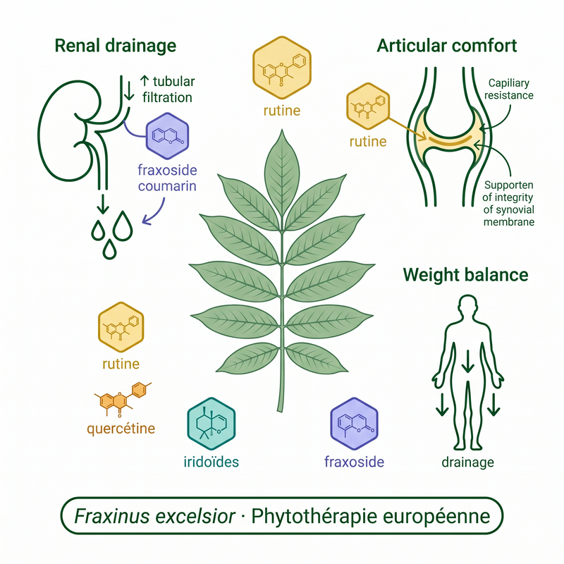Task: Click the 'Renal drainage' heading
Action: pos(116,46)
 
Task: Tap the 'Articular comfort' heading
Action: pos(447,46)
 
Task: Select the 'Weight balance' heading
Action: pos(465,275)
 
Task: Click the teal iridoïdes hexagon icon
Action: pos(211,424)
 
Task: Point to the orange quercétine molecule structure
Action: pos(123,400)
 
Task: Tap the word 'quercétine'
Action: pos(121,429)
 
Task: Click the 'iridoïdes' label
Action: pos(211,462)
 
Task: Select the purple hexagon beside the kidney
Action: pos(167,135)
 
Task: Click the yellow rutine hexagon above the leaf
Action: pos(281,68)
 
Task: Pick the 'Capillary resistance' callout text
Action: pos(508,90)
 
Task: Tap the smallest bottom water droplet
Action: pos(110,249)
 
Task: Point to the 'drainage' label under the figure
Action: pos(467,462)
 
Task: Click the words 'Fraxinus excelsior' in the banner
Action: pos(154,517)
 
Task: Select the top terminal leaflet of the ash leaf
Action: pos(282,173)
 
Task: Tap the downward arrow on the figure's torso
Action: pos(467,361)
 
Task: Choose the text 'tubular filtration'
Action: pos(168,90)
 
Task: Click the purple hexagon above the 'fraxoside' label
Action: pos(355,424)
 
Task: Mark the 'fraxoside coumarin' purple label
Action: pos(167,178)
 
